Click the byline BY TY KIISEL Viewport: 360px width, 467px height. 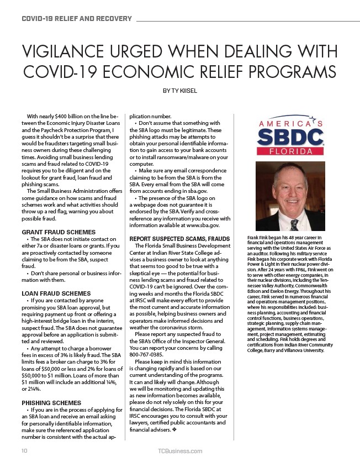[179, 90]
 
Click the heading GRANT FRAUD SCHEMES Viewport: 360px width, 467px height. [59, 232]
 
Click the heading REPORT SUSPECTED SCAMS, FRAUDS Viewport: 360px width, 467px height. [179, 239]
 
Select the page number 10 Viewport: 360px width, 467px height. [24, 451]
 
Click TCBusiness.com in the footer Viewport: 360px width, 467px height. [179, 451]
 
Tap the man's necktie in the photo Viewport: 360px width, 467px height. [294, 225]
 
